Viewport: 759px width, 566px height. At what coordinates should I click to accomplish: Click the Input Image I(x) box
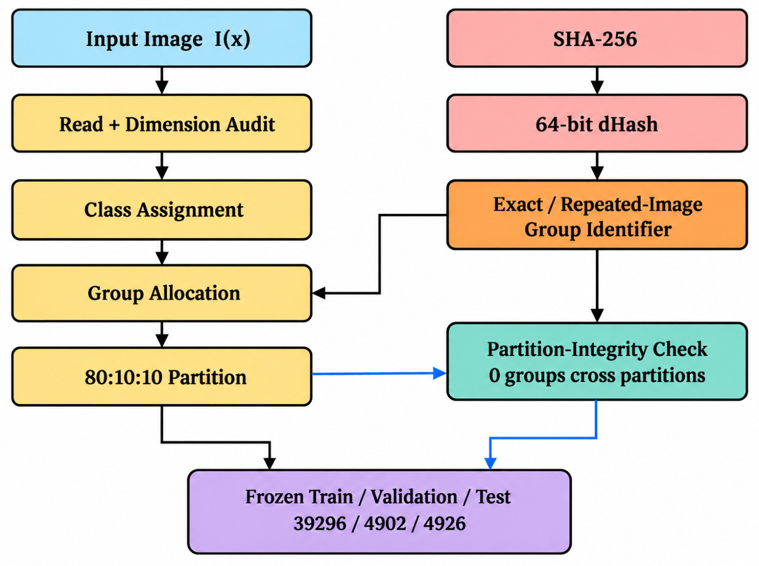click(162, 38)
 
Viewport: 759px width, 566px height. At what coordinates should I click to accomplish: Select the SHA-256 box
click(597, 38)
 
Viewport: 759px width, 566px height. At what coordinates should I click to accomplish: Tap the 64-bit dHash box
click(597, 123)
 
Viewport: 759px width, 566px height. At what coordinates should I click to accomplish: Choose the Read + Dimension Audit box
click(162, 123)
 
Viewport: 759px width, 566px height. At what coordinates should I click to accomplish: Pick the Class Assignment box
click(162, 209)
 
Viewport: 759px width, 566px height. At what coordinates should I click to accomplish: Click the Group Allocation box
click(162, 294)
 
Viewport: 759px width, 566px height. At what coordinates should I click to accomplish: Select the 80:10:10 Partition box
click(162, 376)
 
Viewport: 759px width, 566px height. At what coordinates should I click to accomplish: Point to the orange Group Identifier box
click(597, 214)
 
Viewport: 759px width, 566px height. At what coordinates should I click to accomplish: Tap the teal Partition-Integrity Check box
click(597, 361)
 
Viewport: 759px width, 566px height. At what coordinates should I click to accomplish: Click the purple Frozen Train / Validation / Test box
click(379, 512)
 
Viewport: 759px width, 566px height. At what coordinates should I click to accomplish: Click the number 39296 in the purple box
click(320, 523)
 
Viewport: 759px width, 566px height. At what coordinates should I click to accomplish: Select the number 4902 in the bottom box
click(385, 523)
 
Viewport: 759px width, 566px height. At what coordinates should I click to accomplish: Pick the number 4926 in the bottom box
click(445, 523)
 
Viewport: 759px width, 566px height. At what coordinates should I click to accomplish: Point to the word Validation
click(414, 497)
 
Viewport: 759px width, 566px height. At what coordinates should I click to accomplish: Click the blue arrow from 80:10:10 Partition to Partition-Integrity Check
click(379, 374)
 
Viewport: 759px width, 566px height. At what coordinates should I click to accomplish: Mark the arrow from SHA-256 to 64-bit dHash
click(597, 81)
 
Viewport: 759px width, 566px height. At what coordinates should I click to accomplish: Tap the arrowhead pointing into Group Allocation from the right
click(318, 293)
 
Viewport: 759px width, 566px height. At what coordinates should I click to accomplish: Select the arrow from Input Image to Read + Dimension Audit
click(162, 81)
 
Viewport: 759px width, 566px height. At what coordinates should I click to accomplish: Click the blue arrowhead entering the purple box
click(490, 464)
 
